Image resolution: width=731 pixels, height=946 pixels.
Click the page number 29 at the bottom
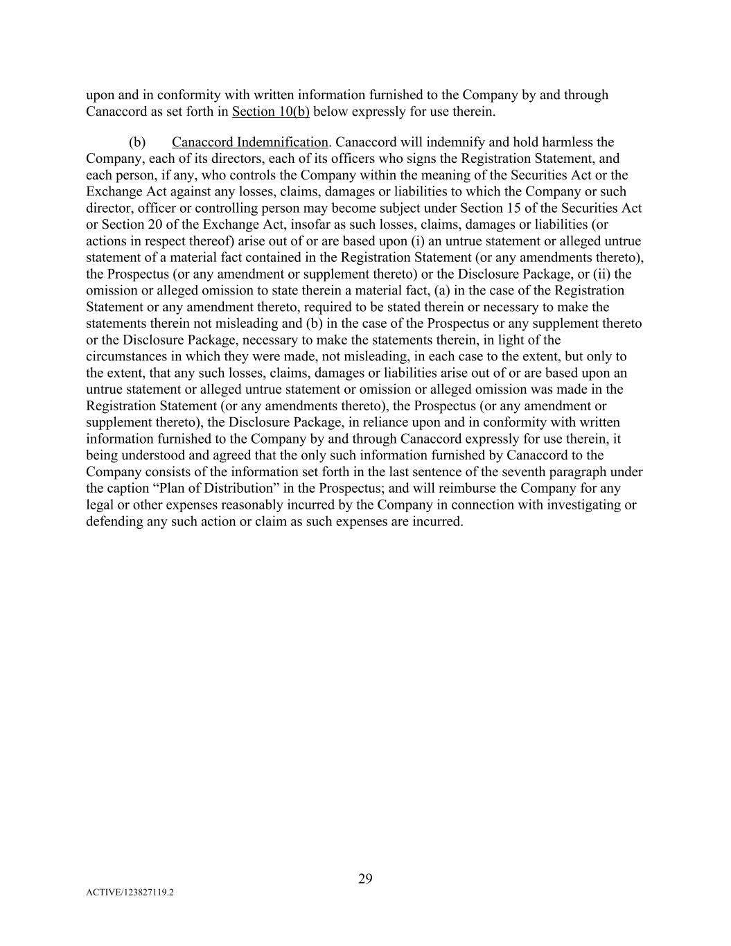pyautogui.click(x=365, y=879)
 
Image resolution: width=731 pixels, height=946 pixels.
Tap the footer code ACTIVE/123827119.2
pyautogui.click(x=130, y=893)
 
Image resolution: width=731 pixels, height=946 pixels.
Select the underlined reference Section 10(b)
pyautogui.click(x=271, y=112)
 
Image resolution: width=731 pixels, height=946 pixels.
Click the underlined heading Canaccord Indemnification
pyautogui.click(x=249, y=142)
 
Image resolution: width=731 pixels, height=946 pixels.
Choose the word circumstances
pyautogui.click(x=125, y=356)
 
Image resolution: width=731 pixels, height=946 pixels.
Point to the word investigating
pyautogui.click(x=585, y=505)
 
